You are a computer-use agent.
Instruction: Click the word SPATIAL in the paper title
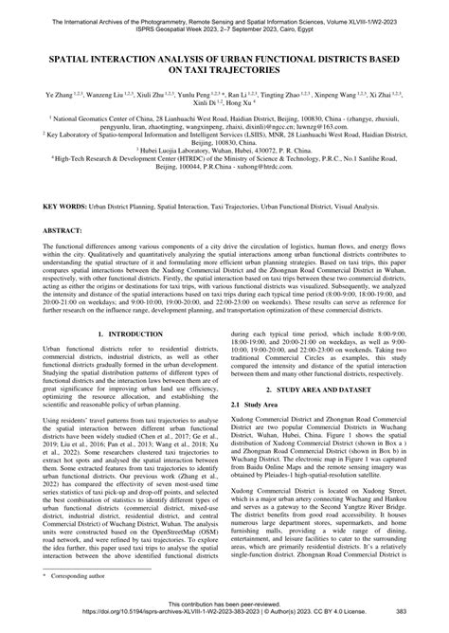65,57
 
